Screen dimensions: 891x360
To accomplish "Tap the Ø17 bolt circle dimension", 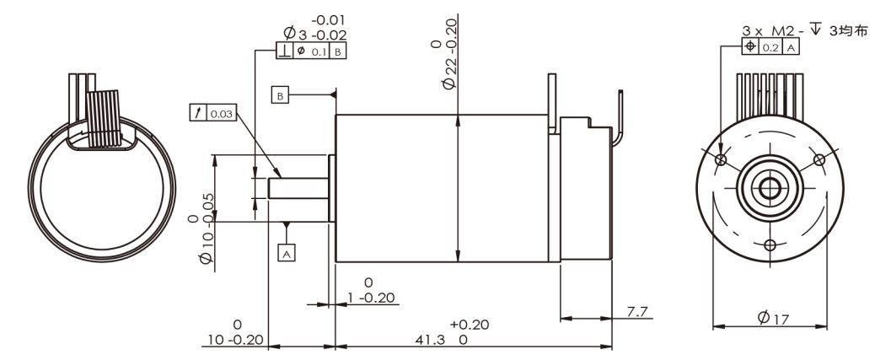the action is tap(773, 319).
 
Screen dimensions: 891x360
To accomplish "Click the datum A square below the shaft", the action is tap(287, 252).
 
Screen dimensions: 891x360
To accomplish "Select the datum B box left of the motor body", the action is tap(280, 95).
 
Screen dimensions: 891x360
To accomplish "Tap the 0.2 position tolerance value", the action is tap(770, 48).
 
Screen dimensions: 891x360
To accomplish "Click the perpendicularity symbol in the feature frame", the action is tap(284, 51).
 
